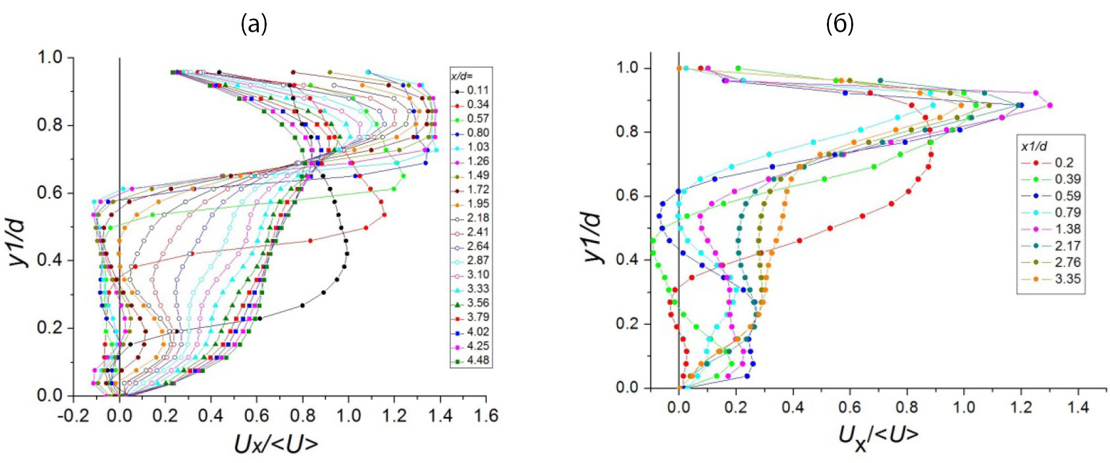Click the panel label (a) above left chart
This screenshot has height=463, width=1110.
[x=254, y=24]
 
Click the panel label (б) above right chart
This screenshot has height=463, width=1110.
[x=839, y=24]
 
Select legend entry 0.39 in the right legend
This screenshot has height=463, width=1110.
[x=1067, y=179]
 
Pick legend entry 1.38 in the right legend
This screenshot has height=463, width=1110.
[x=1067, y=229]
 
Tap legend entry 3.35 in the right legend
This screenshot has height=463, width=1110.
[x=1067, y=279]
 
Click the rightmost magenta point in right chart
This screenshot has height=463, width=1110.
[x=1049, y=105]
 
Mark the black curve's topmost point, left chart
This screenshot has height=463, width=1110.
[x=219, y=72]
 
